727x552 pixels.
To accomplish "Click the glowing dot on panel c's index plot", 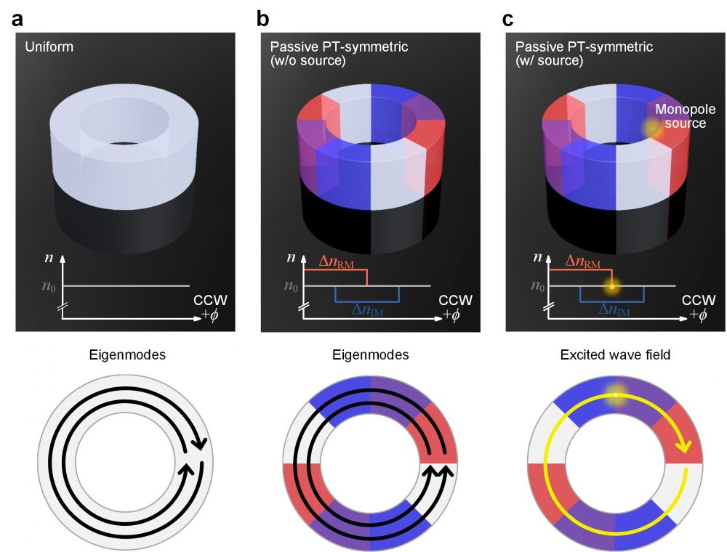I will click(x=612, y=286).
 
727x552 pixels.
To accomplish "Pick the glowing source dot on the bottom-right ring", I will click(x=615, y=394).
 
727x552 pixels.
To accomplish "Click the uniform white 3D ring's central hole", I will click(x=121, y=140).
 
